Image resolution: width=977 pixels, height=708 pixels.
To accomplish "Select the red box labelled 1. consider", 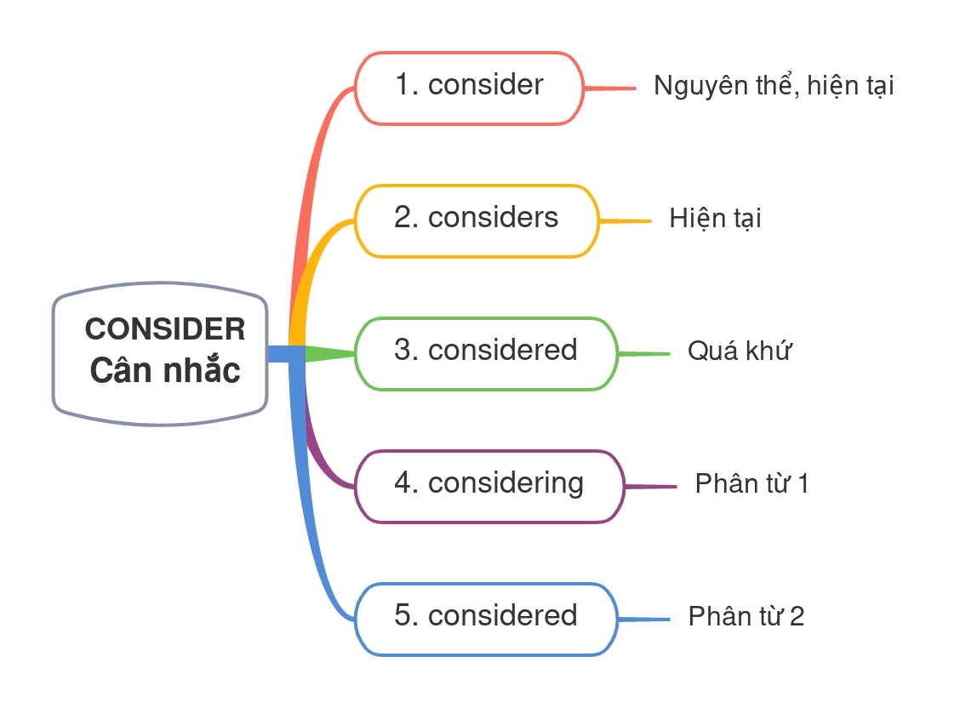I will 469,88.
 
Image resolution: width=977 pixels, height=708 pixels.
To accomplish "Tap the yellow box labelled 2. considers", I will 476,220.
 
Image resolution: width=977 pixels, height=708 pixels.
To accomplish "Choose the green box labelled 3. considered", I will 485,353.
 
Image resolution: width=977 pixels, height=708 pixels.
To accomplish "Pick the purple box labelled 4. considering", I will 488,485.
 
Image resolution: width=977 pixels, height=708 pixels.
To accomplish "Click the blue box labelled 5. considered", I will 485,618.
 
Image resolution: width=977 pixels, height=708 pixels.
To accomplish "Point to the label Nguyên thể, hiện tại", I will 774,86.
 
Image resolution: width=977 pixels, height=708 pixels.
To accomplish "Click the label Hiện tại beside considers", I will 715,219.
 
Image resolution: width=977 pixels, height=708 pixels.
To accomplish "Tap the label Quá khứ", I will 739,351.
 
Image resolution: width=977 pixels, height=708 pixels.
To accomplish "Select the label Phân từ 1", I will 751,484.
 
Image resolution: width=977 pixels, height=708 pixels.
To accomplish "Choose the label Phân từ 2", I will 746,616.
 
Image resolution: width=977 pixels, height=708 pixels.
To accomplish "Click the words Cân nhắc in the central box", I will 165,371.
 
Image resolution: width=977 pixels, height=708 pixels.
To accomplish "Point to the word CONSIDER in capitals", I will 165,328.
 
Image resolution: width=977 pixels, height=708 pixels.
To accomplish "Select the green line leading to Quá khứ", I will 644,353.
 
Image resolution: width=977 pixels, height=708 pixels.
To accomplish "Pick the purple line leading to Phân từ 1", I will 650,486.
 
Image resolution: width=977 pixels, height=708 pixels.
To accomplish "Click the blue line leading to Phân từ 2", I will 644,619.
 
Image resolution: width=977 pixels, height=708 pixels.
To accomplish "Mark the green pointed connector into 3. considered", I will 328,353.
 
